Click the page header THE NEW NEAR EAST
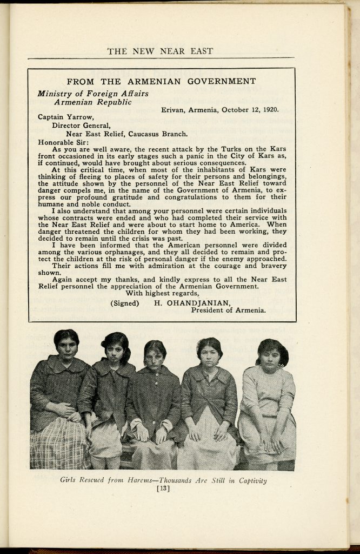[x=160, y=51]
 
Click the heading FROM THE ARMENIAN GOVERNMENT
[x=161, y=82]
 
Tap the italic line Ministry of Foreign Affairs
[x=92, y=93]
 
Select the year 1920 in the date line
[x=269, y=109]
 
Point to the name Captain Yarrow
[x=60, y=116]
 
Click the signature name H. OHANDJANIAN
[x=192, y=303]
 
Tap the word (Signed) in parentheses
[x=124, y=303]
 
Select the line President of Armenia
[x=228, y=311]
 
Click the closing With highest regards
[x=162, y=293]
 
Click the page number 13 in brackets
[x=162, y=489]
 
